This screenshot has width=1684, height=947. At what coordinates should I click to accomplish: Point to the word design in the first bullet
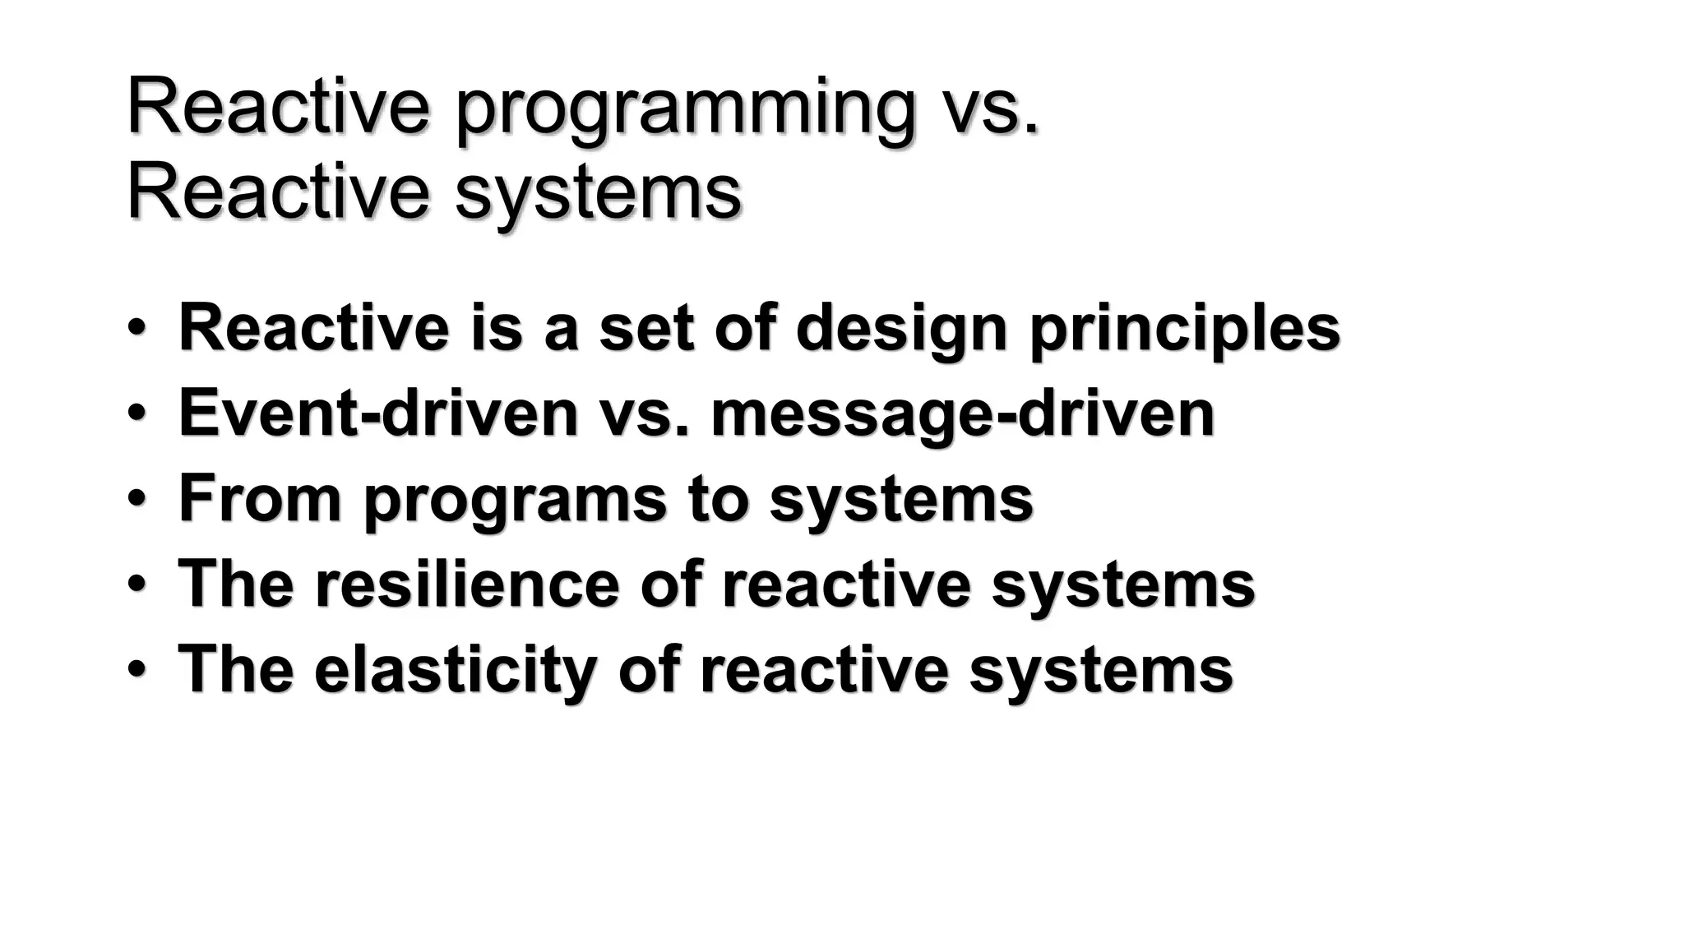(901, 328)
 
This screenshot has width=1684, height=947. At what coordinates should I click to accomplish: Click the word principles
(1185, 328)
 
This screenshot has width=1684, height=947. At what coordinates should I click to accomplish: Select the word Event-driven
(378, 413)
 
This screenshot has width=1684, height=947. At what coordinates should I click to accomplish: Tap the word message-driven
(962, 413)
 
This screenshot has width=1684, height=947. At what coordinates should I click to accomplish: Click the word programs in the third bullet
(515, 500)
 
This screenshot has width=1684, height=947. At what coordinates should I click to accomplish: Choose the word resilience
(466, 584)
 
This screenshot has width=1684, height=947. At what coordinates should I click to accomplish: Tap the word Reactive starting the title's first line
(278, 108)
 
